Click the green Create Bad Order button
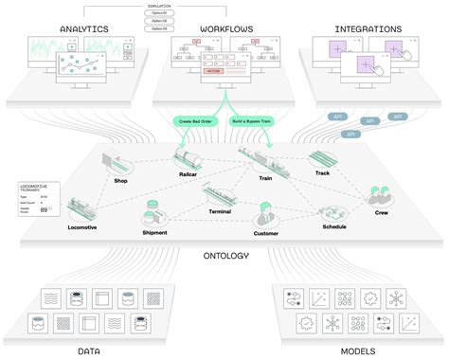(197, 122)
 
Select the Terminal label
(220, 213)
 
